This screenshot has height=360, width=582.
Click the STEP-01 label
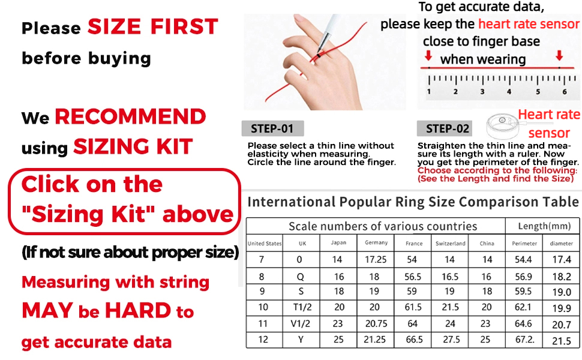coord(272,128)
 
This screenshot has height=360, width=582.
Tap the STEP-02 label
coord(447,128)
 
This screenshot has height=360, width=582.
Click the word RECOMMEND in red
coord(130,116)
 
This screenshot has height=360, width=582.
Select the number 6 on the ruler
coord(564,92)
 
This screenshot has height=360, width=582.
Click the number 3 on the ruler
coord(482,92)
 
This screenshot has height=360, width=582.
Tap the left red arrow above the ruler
coord(428,56)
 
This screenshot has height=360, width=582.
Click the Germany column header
coord(376,243)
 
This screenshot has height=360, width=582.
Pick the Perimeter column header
coord(524,244)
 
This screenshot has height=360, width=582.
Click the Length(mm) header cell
coord(542,226)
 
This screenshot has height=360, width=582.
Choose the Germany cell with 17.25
coord(376,260)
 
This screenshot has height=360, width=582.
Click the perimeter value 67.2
coord(524,339)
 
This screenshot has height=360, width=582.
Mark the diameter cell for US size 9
coord(562,292)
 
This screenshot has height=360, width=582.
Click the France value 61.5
coord(414,308)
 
